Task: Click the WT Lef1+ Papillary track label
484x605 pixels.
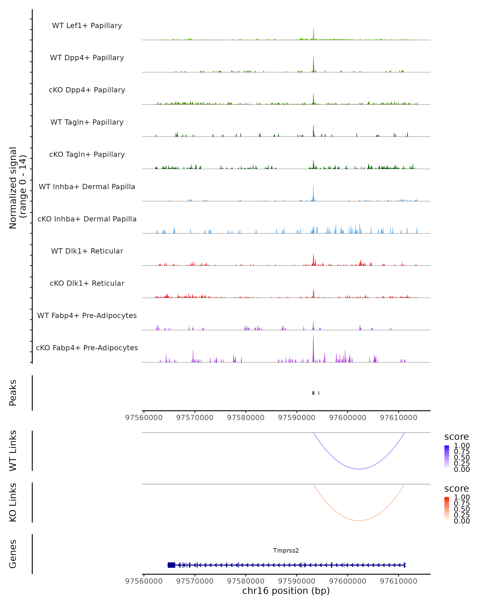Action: tap(87, 26)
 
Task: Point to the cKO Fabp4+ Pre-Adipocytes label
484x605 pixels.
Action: tap(87, 348)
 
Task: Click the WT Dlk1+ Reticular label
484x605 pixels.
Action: tap(87, 251)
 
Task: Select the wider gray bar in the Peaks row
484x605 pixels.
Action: tap(313, 393)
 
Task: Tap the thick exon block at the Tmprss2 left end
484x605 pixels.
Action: tap(171, 565)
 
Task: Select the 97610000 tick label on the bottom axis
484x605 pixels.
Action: tap(398, 581)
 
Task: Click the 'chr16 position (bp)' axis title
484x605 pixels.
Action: tap(286, 591)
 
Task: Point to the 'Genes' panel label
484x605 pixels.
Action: tap(13, 554)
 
